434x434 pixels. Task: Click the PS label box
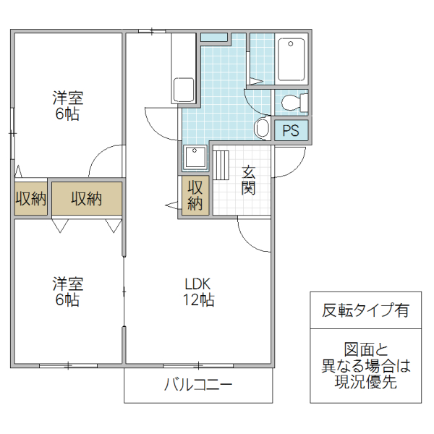pyautogui.click(x=291, y=130)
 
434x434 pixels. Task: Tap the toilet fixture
pyautogui.click(x=293, y=102)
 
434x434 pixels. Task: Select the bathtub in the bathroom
pyautogui.click(x=292, y=60)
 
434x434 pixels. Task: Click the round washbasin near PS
pyautogui.click(x=263, y=129)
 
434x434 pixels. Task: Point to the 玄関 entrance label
pyautogui.click(x=249, y=180)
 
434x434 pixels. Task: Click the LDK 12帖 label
pyautogui.click(x=197, y=292)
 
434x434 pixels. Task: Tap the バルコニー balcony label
pyautogui.click(x=198, y=384)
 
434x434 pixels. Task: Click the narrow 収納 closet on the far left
pyautogui.click(x=31, y=199)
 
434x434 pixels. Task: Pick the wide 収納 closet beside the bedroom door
pyautogui.click(x=86, y=199)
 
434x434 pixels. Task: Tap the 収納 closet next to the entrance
pyautogui.click(x=195, y=195)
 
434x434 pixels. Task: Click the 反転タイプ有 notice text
pyautogui.click(x=365, y=311)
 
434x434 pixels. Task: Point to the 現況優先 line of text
pyautogui.click(x=365, y=383)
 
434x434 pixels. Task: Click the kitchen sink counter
pyautogui.click(x=184, y=69)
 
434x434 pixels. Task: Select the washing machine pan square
pyautogui.click(x=195, y=158)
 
